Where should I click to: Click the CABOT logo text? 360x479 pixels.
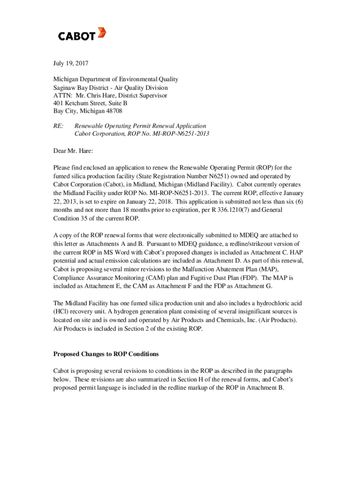(77, 36)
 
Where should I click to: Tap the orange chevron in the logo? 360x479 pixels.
(101, 33)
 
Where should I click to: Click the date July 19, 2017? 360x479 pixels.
(71, 63)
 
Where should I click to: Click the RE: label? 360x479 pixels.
(58, 126)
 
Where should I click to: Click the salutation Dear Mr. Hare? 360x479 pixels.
(73, 151)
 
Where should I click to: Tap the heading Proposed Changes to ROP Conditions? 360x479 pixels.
(106, 354)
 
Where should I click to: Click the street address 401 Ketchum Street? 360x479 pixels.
(81, 103)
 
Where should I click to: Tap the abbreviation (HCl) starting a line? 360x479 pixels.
(61, 311)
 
